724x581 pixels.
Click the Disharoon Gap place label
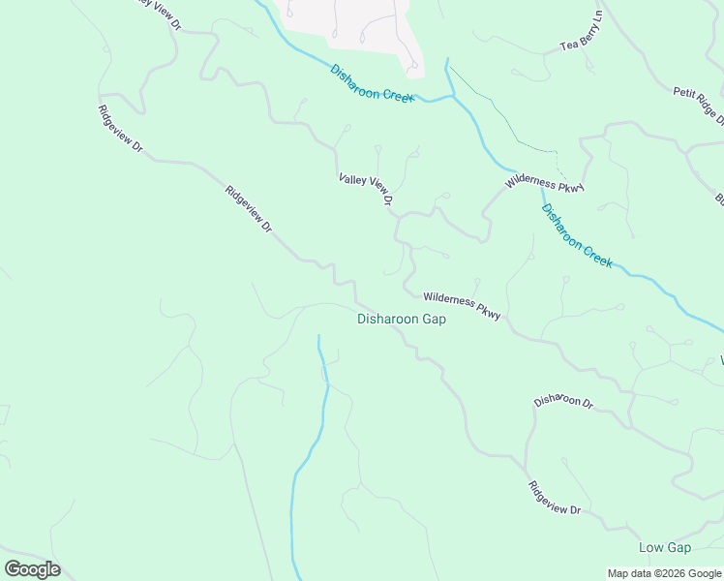(401, 320)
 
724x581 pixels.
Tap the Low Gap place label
(665, 548)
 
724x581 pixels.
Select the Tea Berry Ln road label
(582, 33)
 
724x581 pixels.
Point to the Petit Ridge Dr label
(700, 106)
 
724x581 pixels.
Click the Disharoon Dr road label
(562, 401)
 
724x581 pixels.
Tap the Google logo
(32, 569)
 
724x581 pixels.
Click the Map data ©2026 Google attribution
(664, 573)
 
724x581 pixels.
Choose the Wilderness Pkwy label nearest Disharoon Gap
(462, 307)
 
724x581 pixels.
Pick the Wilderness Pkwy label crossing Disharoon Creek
(545, 184)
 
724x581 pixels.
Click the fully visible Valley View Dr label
(365, 190)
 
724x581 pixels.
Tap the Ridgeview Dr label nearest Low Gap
(555, 498)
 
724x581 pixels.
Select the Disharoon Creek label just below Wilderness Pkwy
(577, 236)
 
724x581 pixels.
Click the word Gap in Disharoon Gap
(433, 320)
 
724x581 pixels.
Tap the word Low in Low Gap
(651, 548)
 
